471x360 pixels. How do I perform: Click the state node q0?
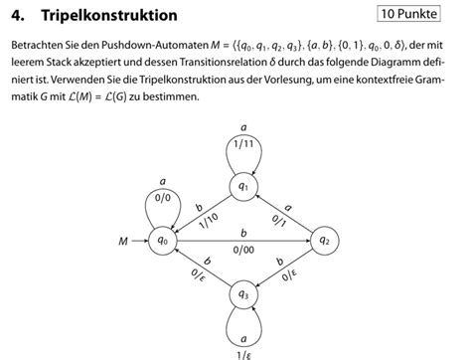(163, 240)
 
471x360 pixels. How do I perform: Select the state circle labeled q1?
(243, 185)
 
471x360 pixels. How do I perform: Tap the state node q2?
(324, 240)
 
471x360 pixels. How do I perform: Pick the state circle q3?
(243, 294)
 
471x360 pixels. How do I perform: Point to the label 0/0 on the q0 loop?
(163, 198)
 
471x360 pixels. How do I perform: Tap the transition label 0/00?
(243, 249)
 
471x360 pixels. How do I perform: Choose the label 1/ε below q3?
(243, 353)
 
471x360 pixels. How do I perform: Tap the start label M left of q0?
(122, 240)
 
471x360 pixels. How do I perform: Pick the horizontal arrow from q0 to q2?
(243, 239)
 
